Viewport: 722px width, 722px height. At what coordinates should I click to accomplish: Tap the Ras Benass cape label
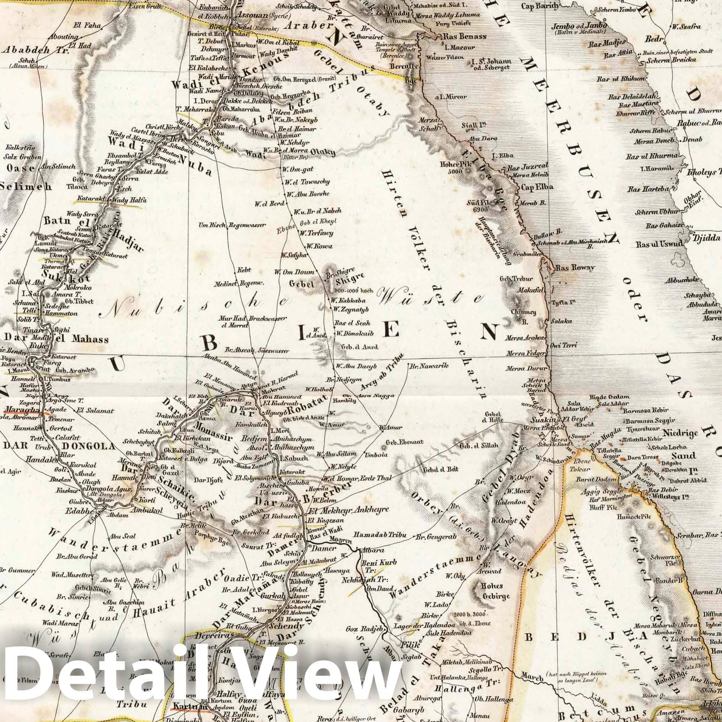pos(465,37)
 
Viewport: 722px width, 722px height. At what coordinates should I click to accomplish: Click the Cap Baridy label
pos(541,6)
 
